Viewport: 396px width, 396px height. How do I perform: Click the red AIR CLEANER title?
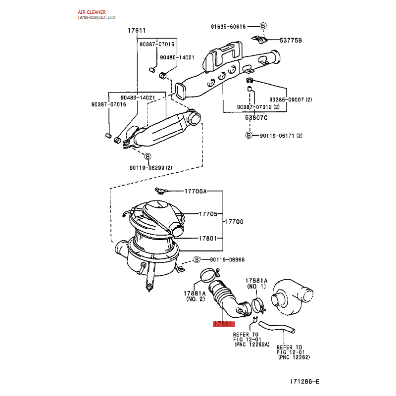92,12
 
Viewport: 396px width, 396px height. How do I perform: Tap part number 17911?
137,31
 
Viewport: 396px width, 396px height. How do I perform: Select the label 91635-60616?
228,27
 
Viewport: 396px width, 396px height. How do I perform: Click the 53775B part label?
291,41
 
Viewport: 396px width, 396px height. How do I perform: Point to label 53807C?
256,118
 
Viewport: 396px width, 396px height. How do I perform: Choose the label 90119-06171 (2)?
281,136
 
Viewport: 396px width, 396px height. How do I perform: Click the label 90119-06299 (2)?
151,168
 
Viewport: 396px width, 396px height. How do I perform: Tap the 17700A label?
196,191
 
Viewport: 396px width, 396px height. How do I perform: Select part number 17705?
208,214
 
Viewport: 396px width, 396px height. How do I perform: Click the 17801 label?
208,239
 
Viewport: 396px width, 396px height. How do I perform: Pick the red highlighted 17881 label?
224,324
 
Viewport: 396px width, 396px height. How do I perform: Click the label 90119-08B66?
227,259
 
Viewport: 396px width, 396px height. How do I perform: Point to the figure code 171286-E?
304,381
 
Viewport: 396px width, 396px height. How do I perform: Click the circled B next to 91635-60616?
263,26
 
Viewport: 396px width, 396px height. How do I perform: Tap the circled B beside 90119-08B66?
197,259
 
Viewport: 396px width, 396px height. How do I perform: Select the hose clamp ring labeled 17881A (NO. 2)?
209,275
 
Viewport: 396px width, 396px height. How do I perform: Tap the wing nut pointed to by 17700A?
160,191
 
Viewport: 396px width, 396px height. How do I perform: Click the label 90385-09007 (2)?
291,100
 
